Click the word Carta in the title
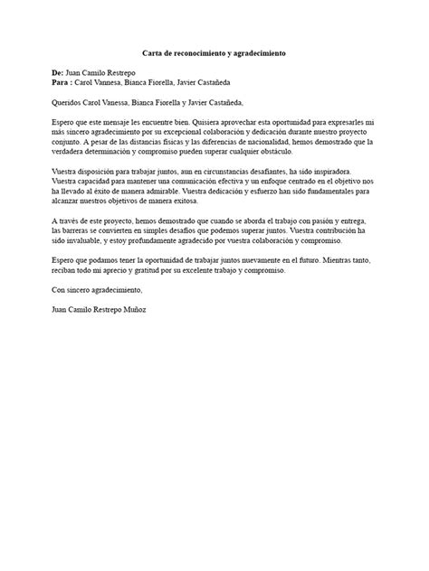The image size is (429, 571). [156, 54]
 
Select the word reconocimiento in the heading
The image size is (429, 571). [204, 54]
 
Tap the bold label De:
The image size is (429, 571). [59, 70]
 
